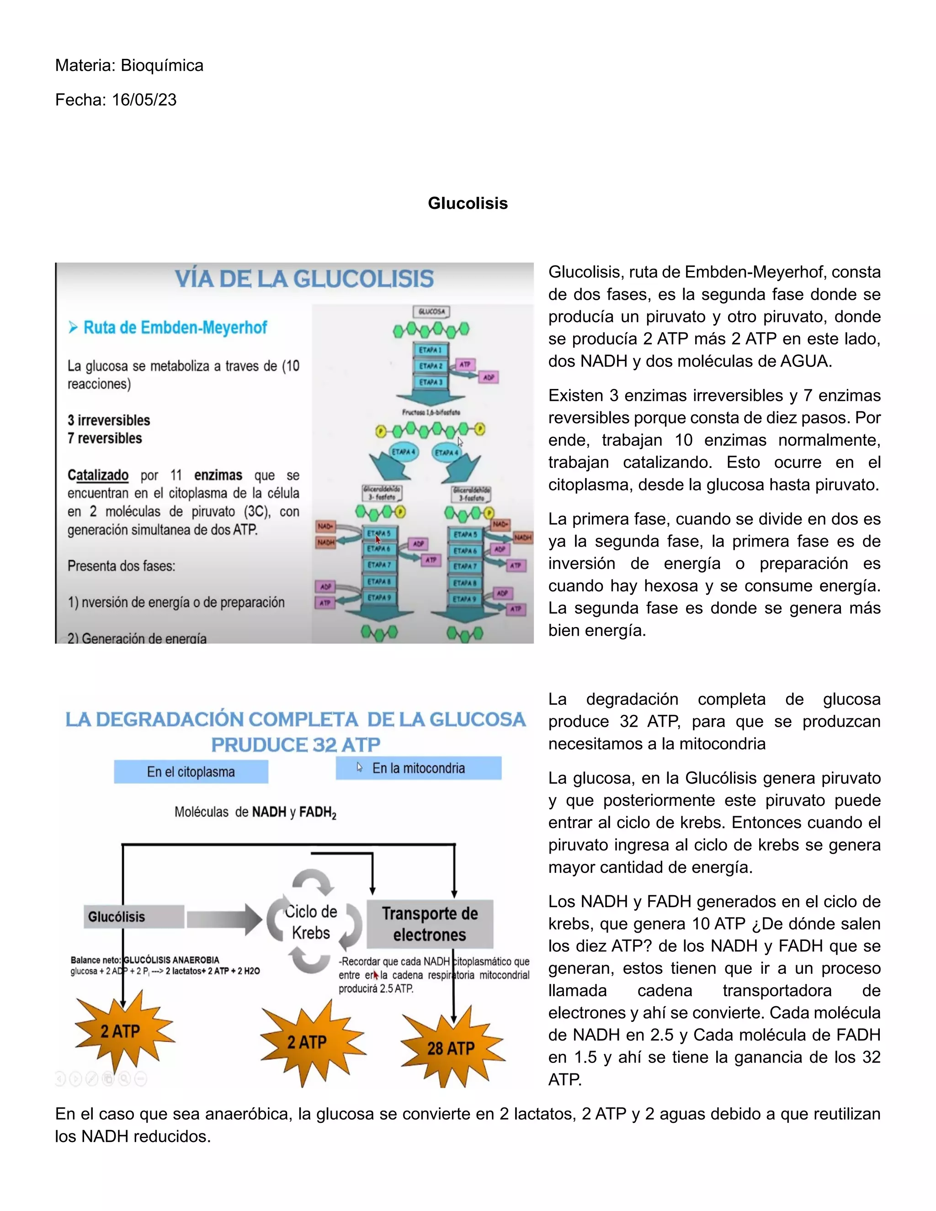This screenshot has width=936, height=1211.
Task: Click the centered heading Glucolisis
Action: (468, 203)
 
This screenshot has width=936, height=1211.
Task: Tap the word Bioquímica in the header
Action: (162, 65)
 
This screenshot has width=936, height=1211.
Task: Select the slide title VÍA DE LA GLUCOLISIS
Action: (304, 279)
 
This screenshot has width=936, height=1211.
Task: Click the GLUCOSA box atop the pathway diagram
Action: (431, 312)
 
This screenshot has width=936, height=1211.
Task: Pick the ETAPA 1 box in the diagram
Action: (430, 350)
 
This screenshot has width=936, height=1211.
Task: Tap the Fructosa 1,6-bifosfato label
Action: (431, 413)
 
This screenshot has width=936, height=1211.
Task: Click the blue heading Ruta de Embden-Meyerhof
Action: (175, 328)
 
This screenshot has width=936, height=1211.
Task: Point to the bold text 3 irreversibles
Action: (109, 420)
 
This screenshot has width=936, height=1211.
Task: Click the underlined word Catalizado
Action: (98, 475)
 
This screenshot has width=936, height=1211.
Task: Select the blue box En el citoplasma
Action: (191, 771)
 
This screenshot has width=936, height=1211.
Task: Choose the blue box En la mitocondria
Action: (419, 768)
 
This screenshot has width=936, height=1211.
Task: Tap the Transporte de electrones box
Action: (430, 924)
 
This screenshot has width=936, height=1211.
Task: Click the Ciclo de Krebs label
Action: (311, 922)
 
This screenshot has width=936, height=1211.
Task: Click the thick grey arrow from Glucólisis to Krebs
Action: (223, 919)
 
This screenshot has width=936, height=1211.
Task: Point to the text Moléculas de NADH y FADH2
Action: (255, 813)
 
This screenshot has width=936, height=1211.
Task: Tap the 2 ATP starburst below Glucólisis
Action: (120, 1031)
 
